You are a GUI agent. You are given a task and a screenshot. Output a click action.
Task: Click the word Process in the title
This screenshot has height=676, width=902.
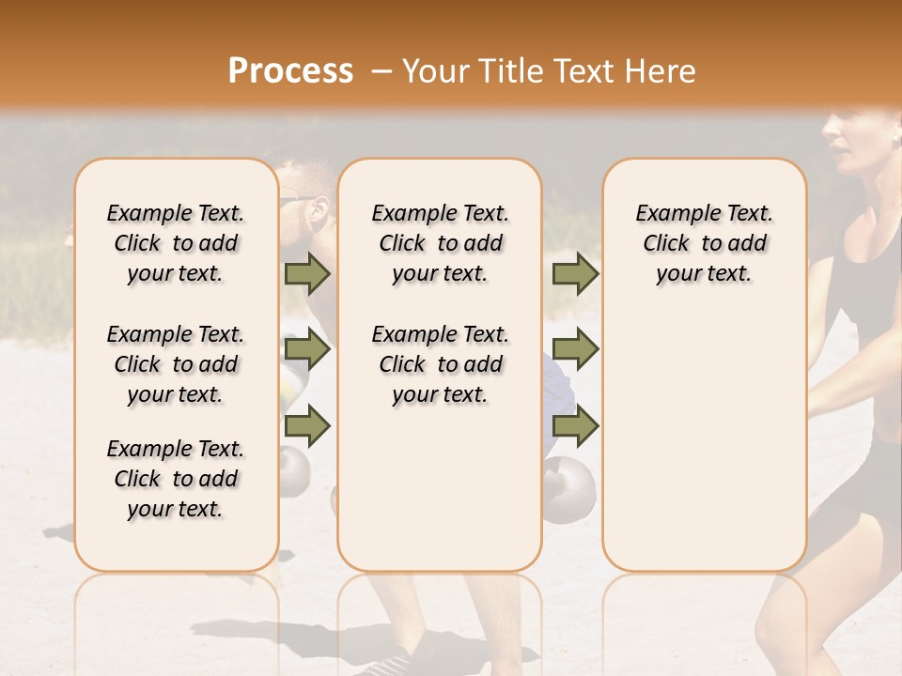pos(290,70)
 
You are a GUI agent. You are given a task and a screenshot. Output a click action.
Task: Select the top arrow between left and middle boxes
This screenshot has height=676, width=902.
pos(307,273)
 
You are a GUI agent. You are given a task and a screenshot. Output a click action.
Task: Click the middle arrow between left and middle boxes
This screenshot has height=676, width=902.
pos(307,350)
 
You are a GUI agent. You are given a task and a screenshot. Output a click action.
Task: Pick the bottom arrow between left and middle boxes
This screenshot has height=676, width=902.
pos(307,425)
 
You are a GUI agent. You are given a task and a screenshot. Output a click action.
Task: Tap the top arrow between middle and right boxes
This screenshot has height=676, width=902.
pos(575,273)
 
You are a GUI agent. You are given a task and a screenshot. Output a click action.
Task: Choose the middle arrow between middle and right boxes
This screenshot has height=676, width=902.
pos(575,350)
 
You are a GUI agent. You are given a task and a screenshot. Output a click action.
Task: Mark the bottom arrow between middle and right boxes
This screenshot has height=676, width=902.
pos(575,425)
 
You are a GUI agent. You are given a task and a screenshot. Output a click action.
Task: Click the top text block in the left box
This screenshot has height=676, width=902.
pos(176,243)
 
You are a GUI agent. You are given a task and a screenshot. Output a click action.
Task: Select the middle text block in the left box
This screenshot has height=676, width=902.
pos(176,364)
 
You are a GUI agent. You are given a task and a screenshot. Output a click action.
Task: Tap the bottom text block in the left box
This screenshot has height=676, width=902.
pos(176,479)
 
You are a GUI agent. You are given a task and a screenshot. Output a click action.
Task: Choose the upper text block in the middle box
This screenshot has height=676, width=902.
pos(440,243)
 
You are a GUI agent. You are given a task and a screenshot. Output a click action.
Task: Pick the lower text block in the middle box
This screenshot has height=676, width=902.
pos(440,364)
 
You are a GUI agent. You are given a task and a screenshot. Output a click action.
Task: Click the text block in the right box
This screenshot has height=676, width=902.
pos(704,243)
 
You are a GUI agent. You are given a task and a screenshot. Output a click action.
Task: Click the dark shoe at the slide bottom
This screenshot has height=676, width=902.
pos(388,663)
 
